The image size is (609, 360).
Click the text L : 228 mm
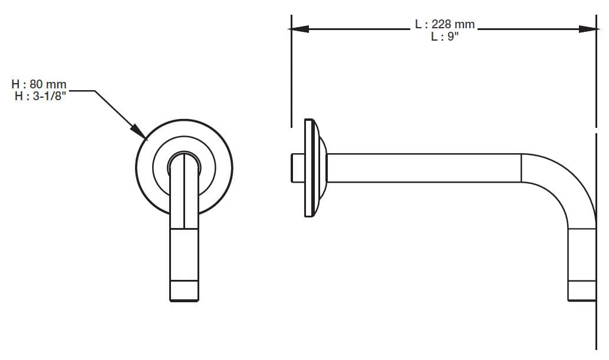point(445,25)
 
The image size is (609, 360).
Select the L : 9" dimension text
point(445,36)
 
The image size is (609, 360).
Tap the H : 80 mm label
point(39,84)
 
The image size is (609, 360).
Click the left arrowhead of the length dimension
point(299,28)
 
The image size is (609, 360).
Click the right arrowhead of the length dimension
point(588,28)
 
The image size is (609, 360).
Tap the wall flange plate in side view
point(308,167)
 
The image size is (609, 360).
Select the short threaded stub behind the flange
point(297,168)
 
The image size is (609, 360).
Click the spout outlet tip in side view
point(581,291)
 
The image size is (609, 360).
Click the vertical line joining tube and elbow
point(522,168)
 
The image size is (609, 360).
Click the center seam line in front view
point(184,194)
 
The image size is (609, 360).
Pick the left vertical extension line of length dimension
point(291,77)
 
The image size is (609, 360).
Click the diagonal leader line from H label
point(115,112)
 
